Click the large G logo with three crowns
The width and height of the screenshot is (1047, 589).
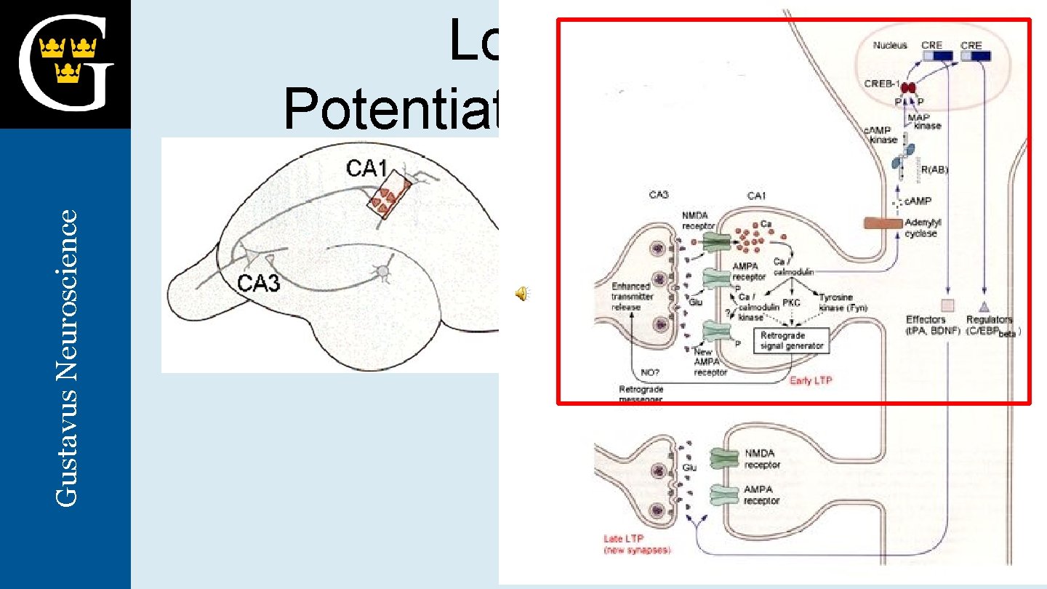(x=65, y=64)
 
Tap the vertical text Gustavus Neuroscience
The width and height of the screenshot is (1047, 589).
(x=67, y=358)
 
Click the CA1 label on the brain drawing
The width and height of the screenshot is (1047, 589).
(x=366, y=169)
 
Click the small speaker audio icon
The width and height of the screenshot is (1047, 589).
(x=522, y=293)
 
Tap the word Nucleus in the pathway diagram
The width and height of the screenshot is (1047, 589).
(x=890, y=45)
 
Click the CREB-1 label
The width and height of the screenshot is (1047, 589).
(x=881, y=84)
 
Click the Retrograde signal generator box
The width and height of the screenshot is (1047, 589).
(x=792, y=340)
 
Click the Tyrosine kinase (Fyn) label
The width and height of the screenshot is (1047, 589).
(x=843, y=302)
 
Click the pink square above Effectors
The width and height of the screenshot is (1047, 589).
(x=947, y=305)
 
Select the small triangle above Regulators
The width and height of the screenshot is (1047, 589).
(x=984, y=305)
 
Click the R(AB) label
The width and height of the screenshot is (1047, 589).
(x=934, y=170)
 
